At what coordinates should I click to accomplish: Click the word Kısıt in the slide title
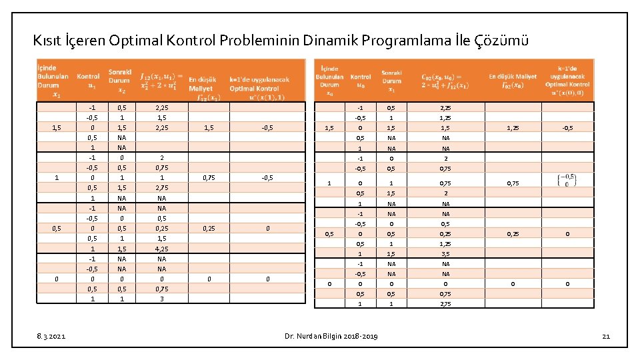[49, 41]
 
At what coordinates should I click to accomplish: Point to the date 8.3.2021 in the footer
[51, 336]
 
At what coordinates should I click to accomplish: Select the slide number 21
[605, 336]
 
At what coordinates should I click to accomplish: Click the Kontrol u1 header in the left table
[88, 81]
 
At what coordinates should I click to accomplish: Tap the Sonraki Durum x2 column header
[120, 81]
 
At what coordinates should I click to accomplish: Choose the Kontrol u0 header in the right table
[361, 81]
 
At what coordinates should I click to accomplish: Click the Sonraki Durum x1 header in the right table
[392, 81]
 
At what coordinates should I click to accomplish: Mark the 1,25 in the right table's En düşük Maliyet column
[513, 128]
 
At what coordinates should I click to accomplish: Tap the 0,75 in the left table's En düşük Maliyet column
[209, 178]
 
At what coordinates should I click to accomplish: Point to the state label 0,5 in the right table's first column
[329, 234]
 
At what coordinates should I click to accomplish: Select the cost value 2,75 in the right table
[446, 304]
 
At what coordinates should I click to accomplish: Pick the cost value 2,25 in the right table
[446, 107]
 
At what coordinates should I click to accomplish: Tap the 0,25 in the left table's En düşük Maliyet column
[209, 228]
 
